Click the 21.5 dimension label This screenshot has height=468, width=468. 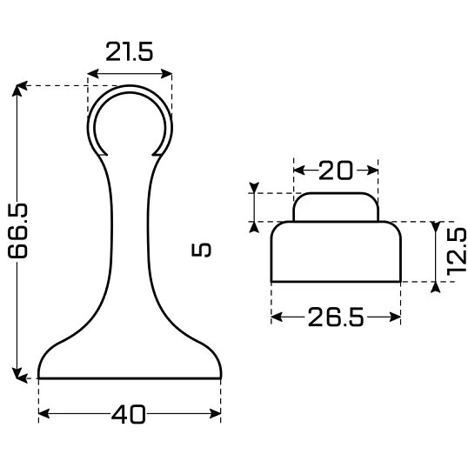pos(130,51)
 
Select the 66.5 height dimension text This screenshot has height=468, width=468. pos(18,231)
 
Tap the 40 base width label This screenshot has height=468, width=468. pos(129,414)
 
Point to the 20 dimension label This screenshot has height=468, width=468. pos(336,170)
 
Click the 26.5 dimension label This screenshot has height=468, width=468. pos(336,317)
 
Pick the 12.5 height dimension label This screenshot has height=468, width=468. pos(457,251)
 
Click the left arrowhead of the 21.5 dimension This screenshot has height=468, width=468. pos(93,73)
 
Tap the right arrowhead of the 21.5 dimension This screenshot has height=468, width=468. pos(166,73)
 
